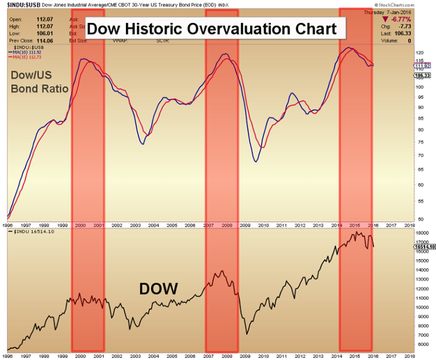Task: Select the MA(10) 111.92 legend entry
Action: (27, 51)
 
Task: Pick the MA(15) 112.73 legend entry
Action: (27, 56)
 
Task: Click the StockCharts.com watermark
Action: (410, 4)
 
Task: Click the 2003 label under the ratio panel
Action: (135, 225)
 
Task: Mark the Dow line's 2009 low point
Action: (247, 334)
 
